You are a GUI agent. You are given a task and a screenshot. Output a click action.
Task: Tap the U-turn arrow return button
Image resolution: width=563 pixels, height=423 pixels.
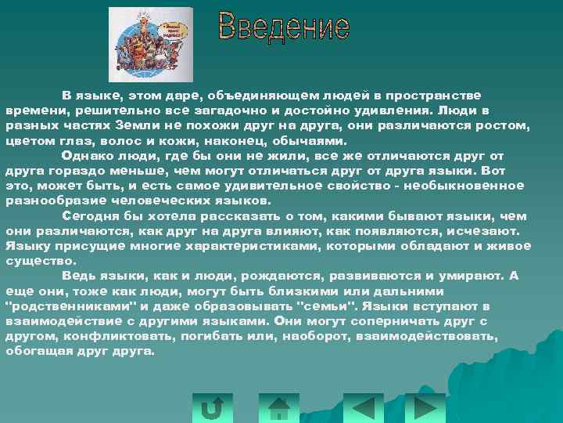click(x=212, y=407)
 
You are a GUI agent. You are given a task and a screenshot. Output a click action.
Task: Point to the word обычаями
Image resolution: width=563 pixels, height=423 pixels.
click(x=307, y=142)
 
